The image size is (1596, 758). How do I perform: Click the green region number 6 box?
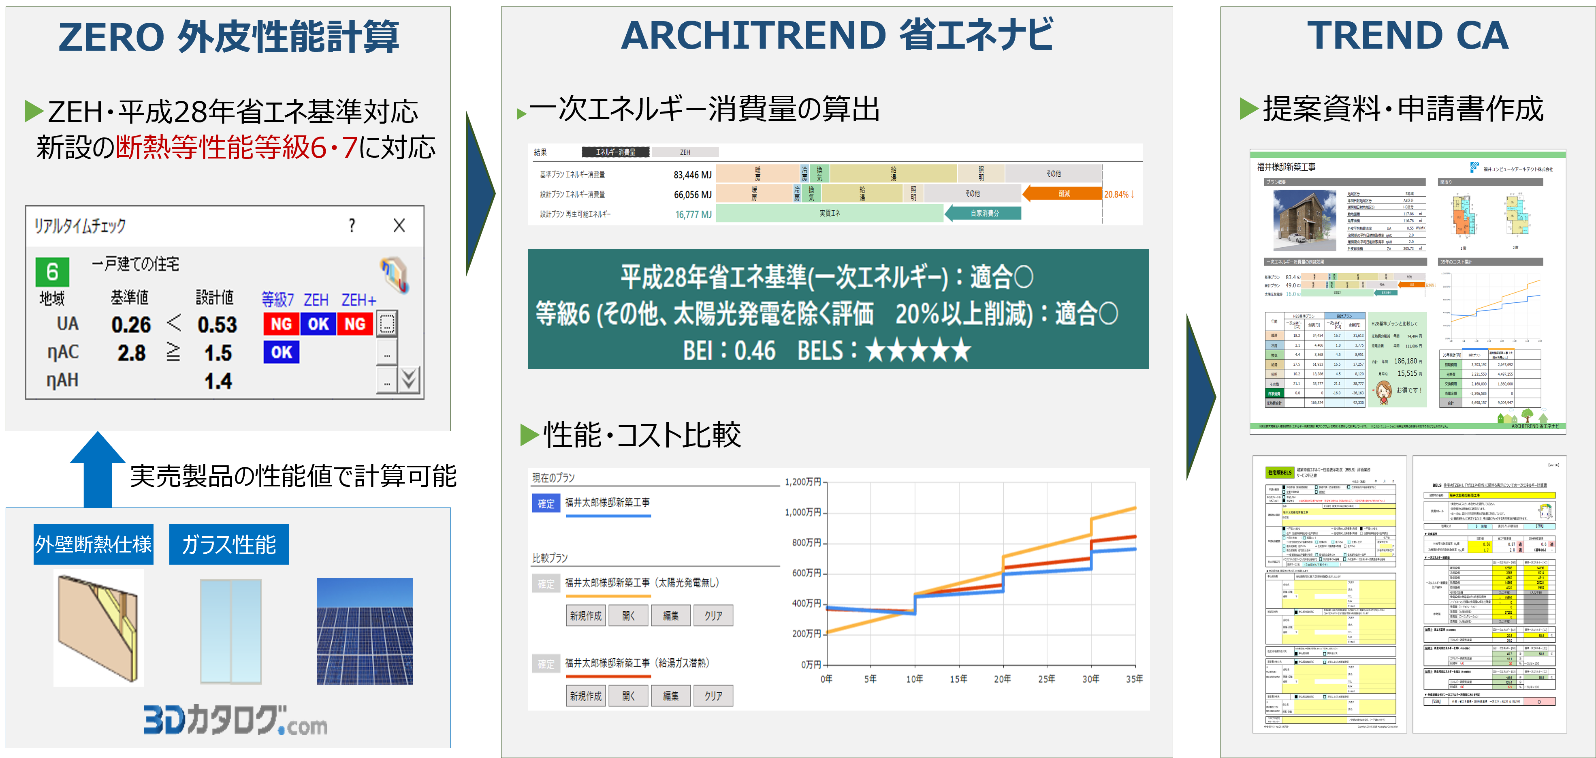(x=52, y=272)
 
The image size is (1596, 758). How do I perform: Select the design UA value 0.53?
(x=217, y=325)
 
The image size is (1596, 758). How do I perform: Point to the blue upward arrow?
(x=98, y=470)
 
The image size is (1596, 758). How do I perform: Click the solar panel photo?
(x=365, y=631)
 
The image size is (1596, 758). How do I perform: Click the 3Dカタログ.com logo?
(x=235, y=720)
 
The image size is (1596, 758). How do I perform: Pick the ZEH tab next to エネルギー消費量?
(x=685, y=152)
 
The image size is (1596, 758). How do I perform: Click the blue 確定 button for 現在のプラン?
(x=546, y=503)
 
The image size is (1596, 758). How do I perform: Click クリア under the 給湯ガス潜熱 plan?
(x=713, y=696)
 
